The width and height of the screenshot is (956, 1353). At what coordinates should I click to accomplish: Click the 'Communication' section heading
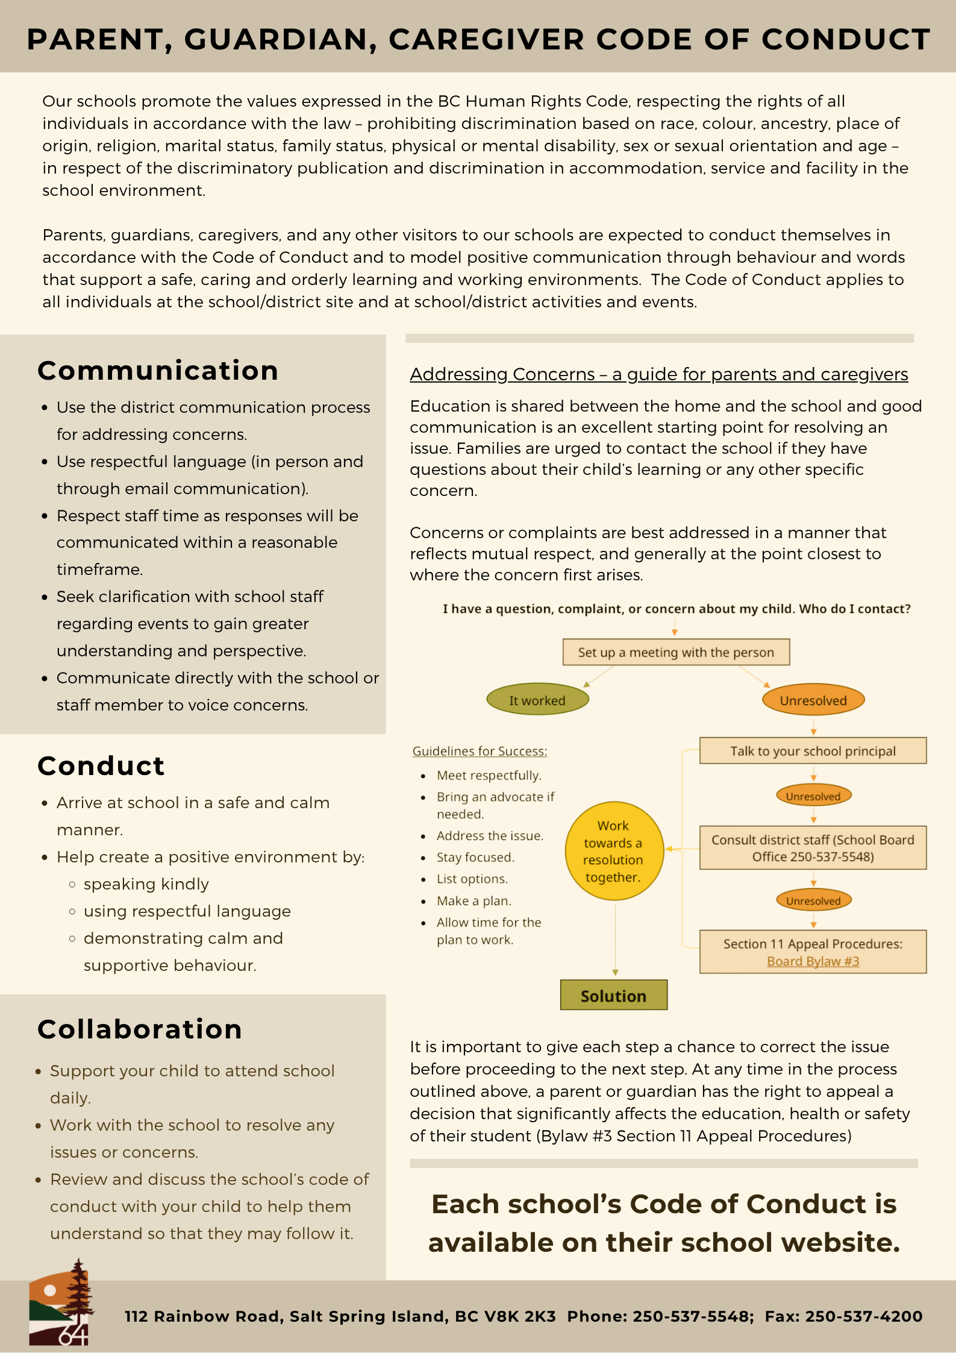point(158,371)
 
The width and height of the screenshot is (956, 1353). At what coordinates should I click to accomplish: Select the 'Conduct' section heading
point(101,766)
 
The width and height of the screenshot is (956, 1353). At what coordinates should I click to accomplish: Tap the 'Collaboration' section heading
point(140,1029)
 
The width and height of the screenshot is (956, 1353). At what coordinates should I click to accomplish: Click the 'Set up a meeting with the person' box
point(676,652)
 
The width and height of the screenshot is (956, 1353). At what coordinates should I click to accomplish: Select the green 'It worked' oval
point(537,700)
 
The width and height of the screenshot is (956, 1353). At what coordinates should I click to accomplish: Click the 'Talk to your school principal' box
point(813,751)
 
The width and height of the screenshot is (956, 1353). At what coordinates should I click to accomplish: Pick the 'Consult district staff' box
point(813,848)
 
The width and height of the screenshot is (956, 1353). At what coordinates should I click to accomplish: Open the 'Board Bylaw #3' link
point(813,961)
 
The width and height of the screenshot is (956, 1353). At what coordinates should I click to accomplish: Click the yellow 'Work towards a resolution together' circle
point(614,851)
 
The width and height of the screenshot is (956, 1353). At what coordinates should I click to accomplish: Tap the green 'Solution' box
point(613,996)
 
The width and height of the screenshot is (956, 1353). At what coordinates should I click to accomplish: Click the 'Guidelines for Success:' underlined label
point(480,752)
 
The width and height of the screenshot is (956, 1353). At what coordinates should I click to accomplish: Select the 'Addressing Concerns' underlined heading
point(659,374)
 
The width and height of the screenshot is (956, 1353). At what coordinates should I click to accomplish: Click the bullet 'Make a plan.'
point(474,901)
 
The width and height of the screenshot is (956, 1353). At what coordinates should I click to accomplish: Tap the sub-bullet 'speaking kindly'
point(146,884)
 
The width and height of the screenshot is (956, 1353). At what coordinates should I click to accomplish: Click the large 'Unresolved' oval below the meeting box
point(813,700)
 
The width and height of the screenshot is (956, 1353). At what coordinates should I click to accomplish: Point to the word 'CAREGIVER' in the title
point(487,40)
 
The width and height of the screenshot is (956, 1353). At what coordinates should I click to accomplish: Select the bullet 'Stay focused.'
point(475,858)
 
